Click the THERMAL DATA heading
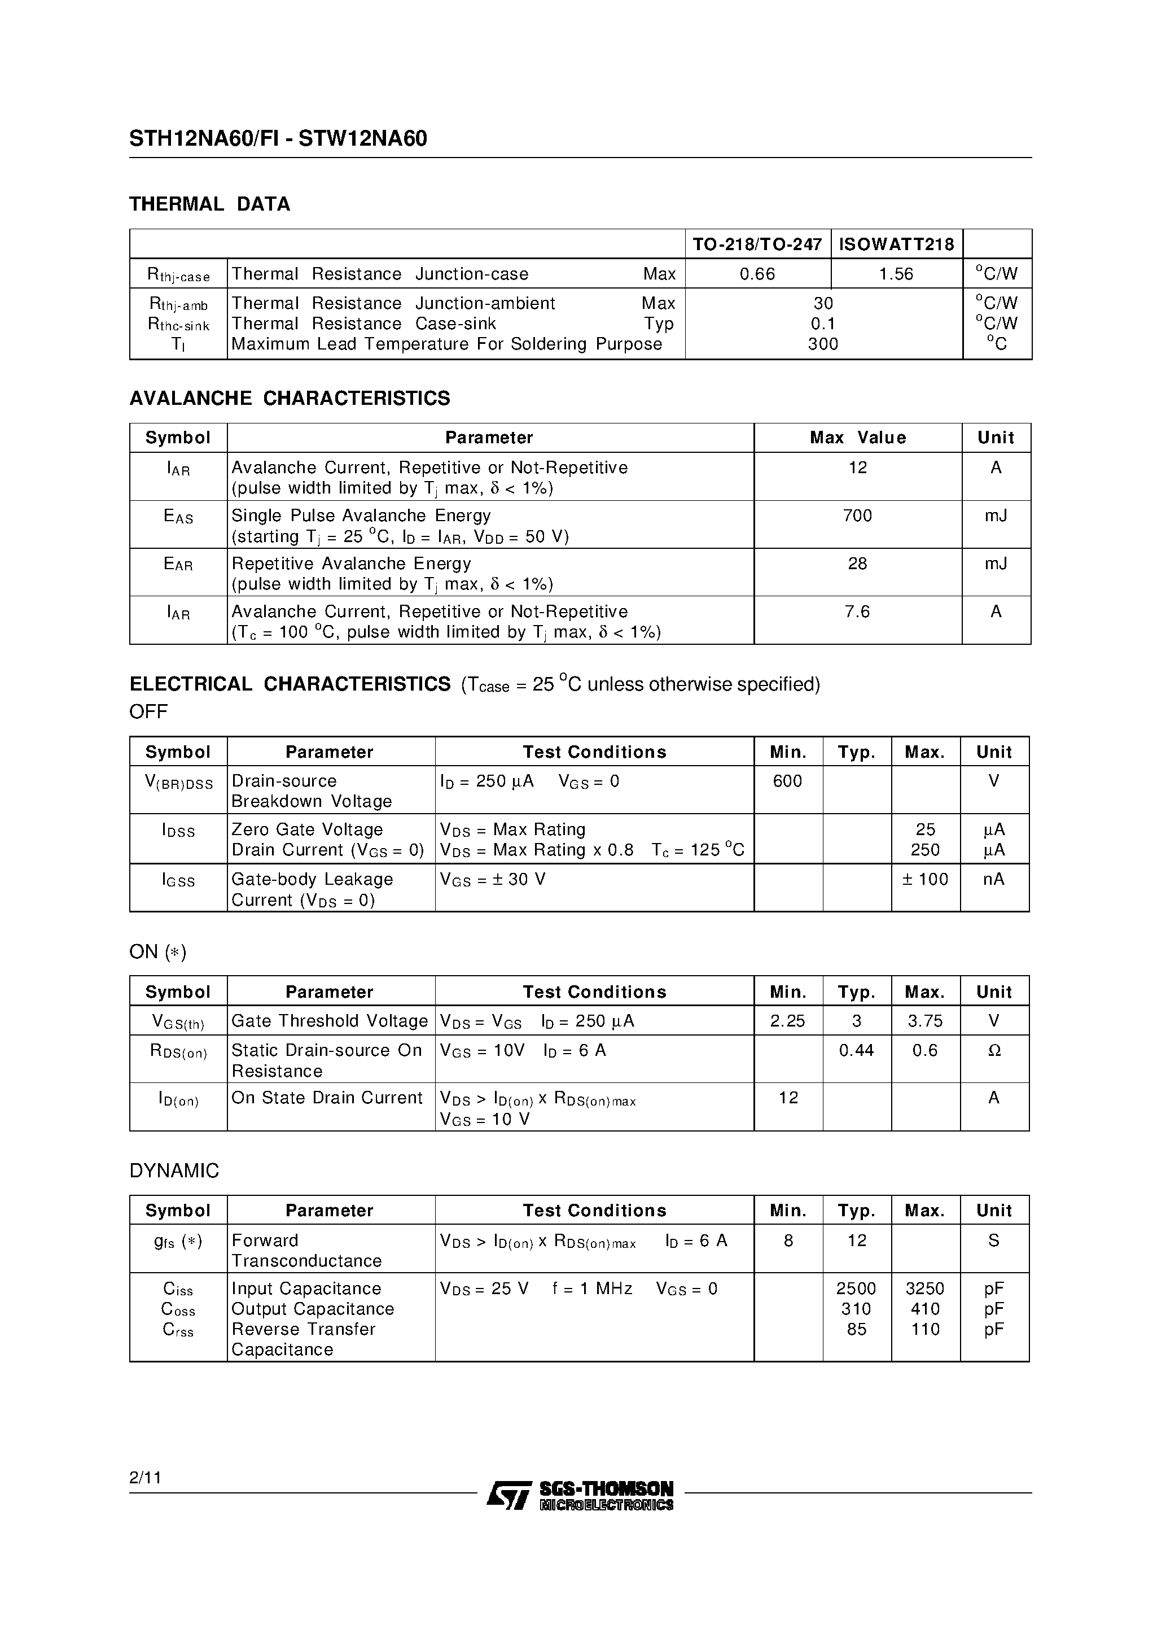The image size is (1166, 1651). point(209,204)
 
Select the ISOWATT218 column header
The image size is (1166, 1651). point(896,244)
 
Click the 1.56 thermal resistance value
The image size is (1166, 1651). point(896,274)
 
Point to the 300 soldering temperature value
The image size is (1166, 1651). point(822,344)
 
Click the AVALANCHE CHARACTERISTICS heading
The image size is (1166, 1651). point(289,399)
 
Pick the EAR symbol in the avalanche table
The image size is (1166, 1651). point(178,565)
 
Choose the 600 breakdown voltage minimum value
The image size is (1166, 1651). point(787,781)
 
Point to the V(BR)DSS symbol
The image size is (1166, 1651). point(178,783)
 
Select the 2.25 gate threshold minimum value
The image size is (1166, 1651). point(787,1021)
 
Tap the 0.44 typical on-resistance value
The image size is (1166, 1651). point(856,1051)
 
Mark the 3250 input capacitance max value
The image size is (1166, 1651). point(924,1289)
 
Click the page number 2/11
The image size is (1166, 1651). point(145,1478)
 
